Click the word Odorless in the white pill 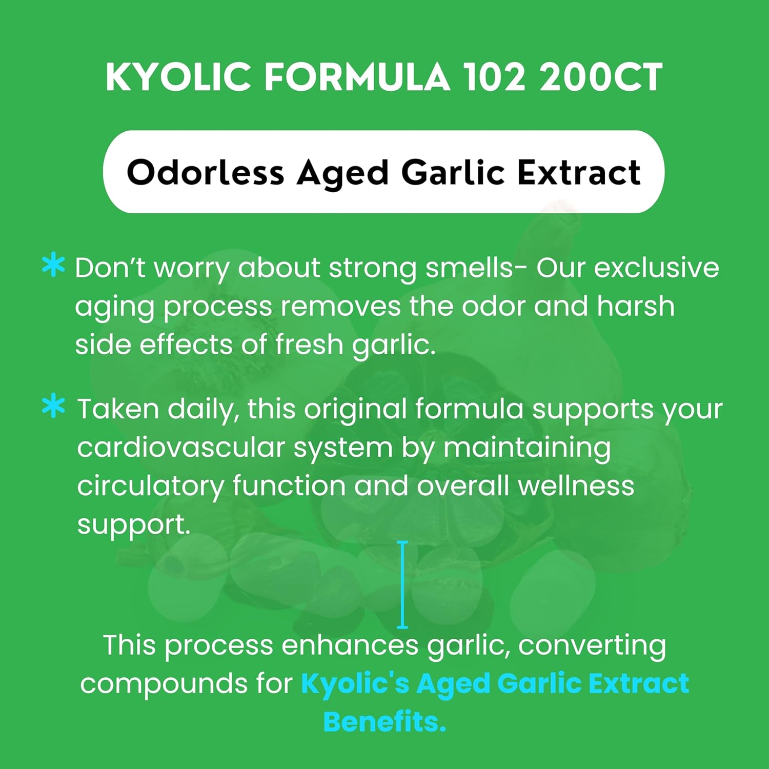point(205,172)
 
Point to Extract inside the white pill point(579,172)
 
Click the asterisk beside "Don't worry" point(53,266)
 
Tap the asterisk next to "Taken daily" point(53,407)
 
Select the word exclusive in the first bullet point(656,268)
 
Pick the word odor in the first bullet point(494,306)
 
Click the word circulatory point(150,486)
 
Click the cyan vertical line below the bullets point(403,584)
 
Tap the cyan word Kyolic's point(355,684)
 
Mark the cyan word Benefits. point(385,722)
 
